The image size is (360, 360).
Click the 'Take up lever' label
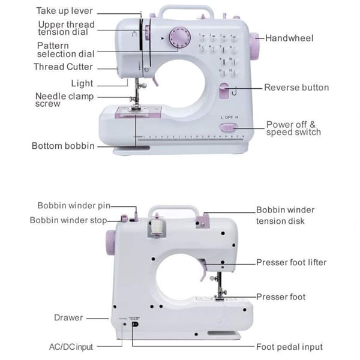(65, 11)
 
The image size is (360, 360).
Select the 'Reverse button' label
(296, 88)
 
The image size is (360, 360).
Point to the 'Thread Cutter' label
(63, 67)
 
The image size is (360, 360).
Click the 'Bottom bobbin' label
(63, 146)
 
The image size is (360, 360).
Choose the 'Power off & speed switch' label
(293, 128)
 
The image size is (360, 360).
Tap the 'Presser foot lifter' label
(292, 262)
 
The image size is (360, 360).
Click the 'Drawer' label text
(68, 317)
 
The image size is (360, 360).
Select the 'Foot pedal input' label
(289, 347)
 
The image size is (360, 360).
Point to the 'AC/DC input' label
(70, 347)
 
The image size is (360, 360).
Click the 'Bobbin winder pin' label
(73, 206)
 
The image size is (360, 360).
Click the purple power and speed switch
(228, 128)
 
